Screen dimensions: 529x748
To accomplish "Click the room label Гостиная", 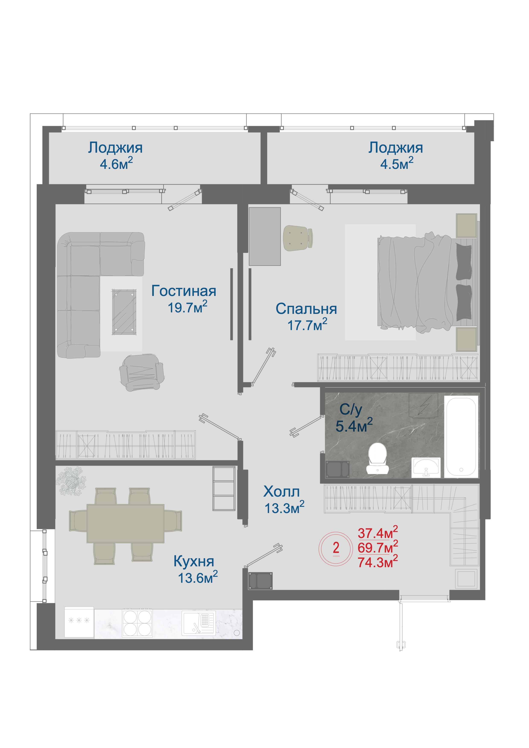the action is point(184,291).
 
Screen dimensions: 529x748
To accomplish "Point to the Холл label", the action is point(281,492).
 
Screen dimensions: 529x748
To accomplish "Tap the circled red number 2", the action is point(336,548).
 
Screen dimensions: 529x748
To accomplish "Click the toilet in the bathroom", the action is point(377,458).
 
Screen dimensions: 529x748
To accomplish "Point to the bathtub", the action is point(461,436).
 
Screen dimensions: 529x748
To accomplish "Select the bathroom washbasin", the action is point(426,467).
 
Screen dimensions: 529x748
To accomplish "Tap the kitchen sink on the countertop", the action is point(198,623).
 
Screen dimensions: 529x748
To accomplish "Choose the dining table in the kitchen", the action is point(125,523).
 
